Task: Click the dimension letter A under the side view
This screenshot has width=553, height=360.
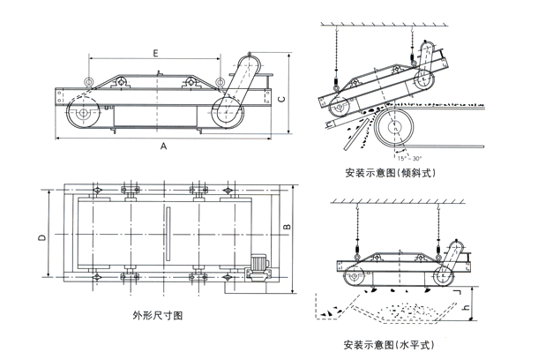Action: point(164,147)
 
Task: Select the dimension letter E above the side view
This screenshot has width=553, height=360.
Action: point(155,54)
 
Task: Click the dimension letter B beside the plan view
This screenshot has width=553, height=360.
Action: point(286,228)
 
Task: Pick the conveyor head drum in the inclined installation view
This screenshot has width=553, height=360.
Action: point(391,129)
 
